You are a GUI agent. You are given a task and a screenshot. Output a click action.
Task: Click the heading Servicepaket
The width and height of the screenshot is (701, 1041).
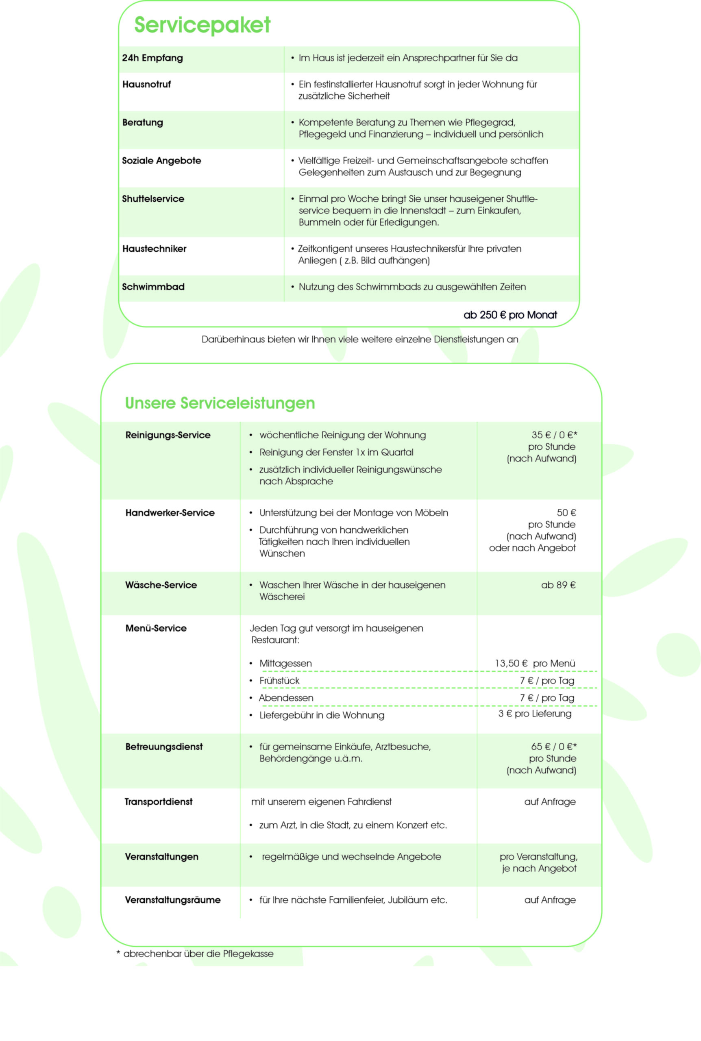coord(202,25)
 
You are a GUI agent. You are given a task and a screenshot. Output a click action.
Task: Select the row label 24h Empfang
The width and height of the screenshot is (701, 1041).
coord(152,58)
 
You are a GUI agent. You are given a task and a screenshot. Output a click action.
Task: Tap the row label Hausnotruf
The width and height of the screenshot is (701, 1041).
coord(147,85)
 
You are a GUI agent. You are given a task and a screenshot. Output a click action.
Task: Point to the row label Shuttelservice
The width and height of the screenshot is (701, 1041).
coord(153,199)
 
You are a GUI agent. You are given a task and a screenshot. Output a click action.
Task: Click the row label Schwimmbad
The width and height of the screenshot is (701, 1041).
coord(153,287)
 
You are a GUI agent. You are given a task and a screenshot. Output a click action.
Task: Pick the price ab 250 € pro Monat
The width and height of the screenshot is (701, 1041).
coord(510,315)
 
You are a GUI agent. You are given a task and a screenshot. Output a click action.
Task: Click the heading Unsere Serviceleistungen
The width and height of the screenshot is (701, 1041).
coord(220,403)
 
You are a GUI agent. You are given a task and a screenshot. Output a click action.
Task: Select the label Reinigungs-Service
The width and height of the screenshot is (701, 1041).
coord(168,436)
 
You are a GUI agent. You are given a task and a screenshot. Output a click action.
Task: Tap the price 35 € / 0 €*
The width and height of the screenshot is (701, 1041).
coord(554,435)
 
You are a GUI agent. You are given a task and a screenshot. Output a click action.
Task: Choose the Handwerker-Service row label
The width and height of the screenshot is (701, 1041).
coord(170,513)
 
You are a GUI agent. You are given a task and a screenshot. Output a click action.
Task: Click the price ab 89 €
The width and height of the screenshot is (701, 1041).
coord(558,585)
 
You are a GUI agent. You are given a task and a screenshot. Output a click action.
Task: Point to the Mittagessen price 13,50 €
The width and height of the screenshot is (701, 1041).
coord(511,663)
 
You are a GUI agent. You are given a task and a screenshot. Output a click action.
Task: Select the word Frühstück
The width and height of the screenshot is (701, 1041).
coord(279,681)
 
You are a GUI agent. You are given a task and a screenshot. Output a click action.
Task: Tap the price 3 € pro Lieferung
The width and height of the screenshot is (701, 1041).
coord(535,713)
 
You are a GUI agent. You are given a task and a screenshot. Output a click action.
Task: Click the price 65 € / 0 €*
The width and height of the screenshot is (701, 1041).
coord(554,747)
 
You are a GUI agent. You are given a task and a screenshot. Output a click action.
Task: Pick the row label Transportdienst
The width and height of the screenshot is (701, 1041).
coord(158,802)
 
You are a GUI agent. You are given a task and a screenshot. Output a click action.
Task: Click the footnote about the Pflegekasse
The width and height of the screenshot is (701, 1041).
coord(195,954)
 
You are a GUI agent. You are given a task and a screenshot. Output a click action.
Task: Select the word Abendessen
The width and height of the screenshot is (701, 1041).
coord(286,698)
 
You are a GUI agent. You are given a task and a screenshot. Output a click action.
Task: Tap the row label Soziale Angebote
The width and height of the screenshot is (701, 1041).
coord(161,161)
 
